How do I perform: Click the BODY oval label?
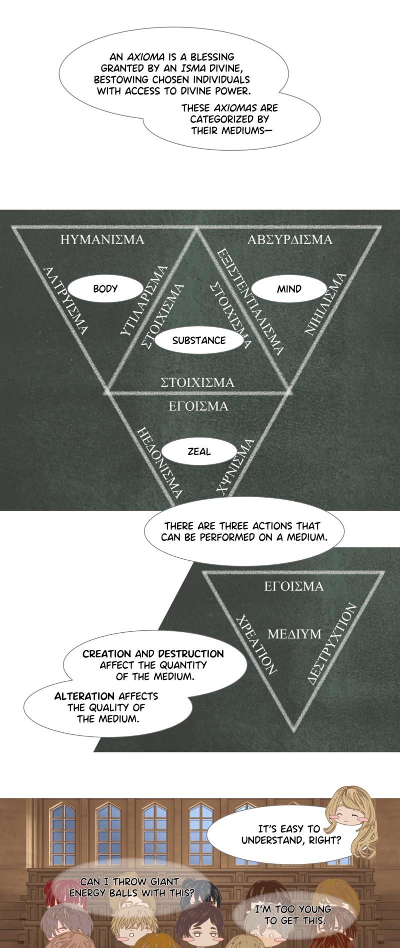coord(105,289)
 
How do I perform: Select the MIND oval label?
coord(289,289)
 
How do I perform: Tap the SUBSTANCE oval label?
coord(199,340)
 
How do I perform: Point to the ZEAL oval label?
coord(199,451)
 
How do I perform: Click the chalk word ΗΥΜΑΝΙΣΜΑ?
coord(102,240)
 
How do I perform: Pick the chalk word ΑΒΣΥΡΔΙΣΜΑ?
coord(290,240)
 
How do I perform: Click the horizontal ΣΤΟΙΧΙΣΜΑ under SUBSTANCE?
coord(197,383)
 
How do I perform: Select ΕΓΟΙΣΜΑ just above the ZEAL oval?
coord(198,406)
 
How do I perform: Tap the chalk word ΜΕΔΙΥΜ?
coord(294,634)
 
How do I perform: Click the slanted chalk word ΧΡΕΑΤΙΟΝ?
coord(256,644)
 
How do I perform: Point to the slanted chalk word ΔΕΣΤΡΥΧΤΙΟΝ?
coord(332,643)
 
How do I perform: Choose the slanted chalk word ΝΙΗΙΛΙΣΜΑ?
coord(325,304)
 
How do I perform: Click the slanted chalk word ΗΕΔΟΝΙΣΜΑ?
coord(159,462)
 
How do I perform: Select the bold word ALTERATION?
coord(84,696)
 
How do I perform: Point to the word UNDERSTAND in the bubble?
coord(271,840)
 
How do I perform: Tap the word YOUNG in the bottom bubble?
coord(314,909)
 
